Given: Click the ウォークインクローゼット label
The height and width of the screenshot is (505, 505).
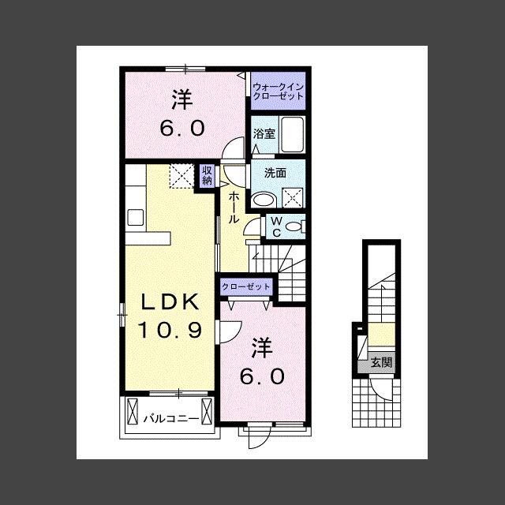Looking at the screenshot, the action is (279, 92).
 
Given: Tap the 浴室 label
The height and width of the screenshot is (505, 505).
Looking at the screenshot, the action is (264, 133).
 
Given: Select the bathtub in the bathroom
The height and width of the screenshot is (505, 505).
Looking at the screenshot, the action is (293, 135).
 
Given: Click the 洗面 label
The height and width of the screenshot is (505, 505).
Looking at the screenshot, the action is (275, 173).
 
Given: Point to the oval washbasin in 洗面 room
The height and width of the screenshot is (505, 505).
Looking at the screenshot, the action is (264, 200).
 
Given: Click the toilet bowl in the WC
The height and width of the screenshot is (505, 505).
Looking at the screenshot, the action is (293, 226).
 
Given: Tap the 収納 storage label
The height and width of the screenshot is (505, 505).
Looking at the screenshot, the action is (207, 175).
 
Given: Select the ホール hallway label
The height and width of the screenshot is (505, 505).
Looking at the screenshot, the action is (234, 208).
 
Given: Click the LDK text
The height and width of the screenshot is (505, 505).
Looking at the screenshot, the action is (170, 302).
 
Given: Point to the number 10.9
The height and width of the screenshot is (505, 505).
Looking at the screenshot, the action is (170, 330).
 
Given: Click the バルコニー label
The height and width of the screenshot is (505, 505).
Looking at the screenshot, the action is (171, 419).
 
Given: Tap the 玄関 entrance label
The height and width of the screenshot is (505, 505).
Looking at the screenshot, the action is (381, 362).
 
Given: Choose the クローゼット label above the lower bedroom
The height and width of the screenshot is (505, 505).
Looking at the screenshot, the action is (246, 286).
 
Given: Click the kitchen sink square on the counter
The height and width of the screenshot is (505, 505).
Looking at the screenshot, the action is (136, 218).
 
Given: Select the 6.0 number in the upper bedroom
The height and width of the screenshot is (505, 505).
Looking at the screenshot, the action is (182, 128).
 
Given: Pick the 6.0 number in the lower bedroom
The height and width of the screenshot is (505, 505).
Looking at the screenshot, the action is (262, 376).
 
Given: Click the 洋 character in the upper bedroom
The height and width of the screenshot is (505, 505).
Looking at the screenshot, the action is (182, 99).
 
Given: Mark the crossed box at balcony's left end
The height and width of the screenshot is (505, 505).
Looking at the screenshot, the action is (133, 411).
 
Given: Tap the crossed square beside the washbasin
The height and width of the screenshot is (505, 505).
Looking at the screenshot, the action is (293, 197).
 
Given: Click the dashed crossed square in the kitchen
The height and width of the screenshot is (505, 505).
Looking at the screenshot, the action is (181, 176).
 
